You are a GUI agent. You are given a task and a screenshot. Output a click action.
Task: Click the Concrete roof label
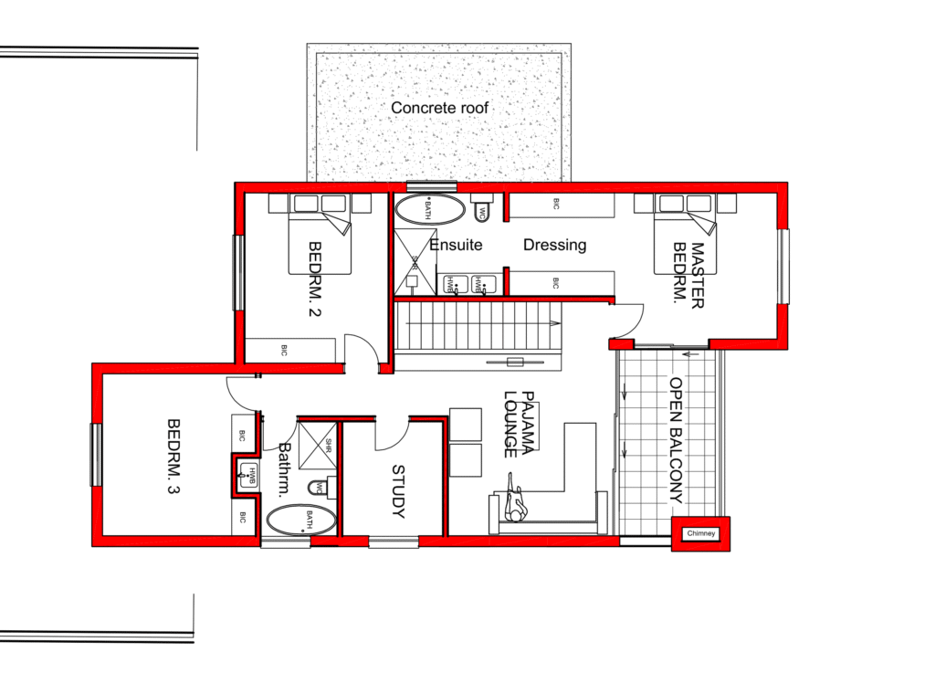tap(440, 108)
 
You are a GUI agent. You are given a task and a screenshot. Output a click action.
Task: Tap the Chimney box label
tap(702, 534)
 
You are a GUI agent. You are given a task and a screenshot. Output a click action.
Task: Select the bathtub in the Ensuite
tap(427, 209)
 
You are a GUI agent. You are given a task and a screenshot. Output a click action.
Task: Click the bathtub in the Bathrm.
tap(301, 521)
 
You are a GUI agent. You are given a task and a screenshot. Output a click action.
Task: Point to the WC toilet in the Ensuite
tap(483, 211)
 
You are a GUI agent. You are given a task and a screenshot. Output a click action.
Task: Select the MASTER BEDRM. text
tap(690, 275)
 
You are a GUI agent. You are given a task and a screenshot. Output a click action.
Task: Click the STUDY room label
tap(398, 492)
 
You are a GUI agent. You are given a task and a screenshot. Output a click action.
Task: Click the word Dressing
tap(554, 245)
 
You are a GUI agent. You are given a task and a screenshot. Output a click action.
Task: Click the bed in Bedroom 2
tap(320, 239)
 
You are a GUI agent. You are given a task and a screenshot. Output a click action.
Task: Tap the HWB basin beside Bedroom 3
tap(247, 472)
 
